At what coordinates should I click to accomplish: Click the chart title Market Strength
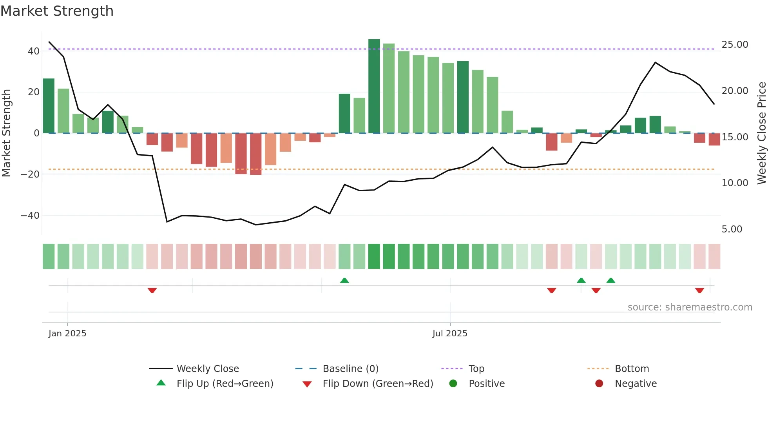[57, 11]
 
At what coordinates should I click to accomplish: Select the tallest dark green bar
[374, 86]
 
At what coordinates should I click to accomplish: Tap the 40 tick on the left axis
[34, 51]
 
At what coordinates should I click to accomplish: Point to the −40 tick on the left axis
[30, 216]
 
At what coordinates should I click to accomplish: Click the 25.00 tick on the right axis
[735, 45]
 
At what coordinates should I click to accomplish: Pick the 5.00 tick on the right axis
[732, 229]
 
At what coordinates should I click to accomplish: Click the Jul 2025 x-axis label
[450, 334]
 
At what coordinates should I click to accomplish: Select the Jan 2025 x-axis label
[67, 334]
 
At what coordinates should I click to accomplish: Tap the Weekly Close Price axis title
[761, 133]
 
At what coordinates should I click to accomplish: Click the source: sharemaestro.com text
[690, 307]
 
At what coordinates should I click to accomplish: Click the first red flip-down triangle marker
[152, 290]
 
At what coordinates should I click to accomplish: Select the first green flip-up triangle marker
[344, 280]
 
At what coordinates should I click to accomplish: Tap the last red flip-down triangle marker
[699, 290]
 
